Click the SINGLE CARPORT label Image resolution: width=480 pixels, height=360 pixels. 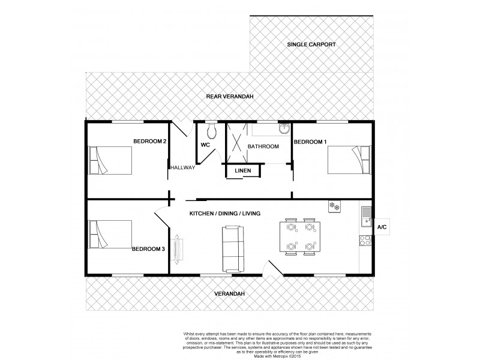(x=311, y=44)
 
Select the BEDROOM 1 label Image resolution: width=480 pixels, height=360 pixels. (x=310, y=142)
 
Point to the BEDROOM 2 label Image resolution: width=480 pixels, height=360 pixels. (x=149, y=141)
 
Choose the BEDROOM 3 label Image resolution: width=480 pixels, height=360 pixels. (x=148, y=248)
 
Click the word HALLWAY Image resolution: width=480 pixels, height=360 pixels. (x=182, y=167)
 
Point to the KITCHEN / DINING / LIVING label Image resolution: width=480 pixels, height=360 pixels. (x=224, y=214)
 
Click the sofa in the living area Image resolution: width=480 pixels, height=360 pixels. (x=233, y=248)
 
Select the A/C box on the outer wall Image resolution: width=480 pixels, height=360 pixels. (x=381, y=227)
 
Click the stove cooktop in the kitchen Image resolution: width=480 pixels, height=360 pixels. (x=365, y=242)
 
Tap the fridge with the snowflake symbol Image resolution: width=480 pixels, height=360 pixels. (x=334, y=207)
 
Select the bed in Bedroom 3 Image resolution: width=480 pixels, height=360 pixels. (x=110, y=233)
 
